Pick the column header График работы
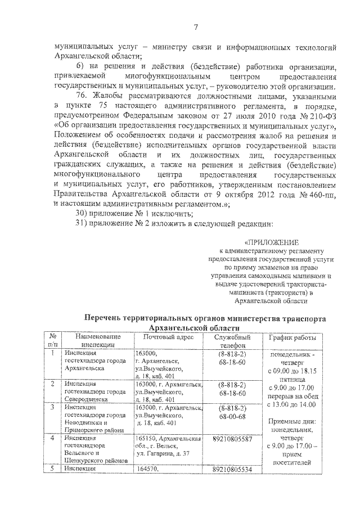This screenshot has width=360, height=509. (x=292, y=337)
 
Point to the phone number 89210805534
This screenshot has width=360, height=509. (x=232, y=469)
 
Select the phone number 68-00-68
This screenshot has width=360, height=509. (x=232, y=417)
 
